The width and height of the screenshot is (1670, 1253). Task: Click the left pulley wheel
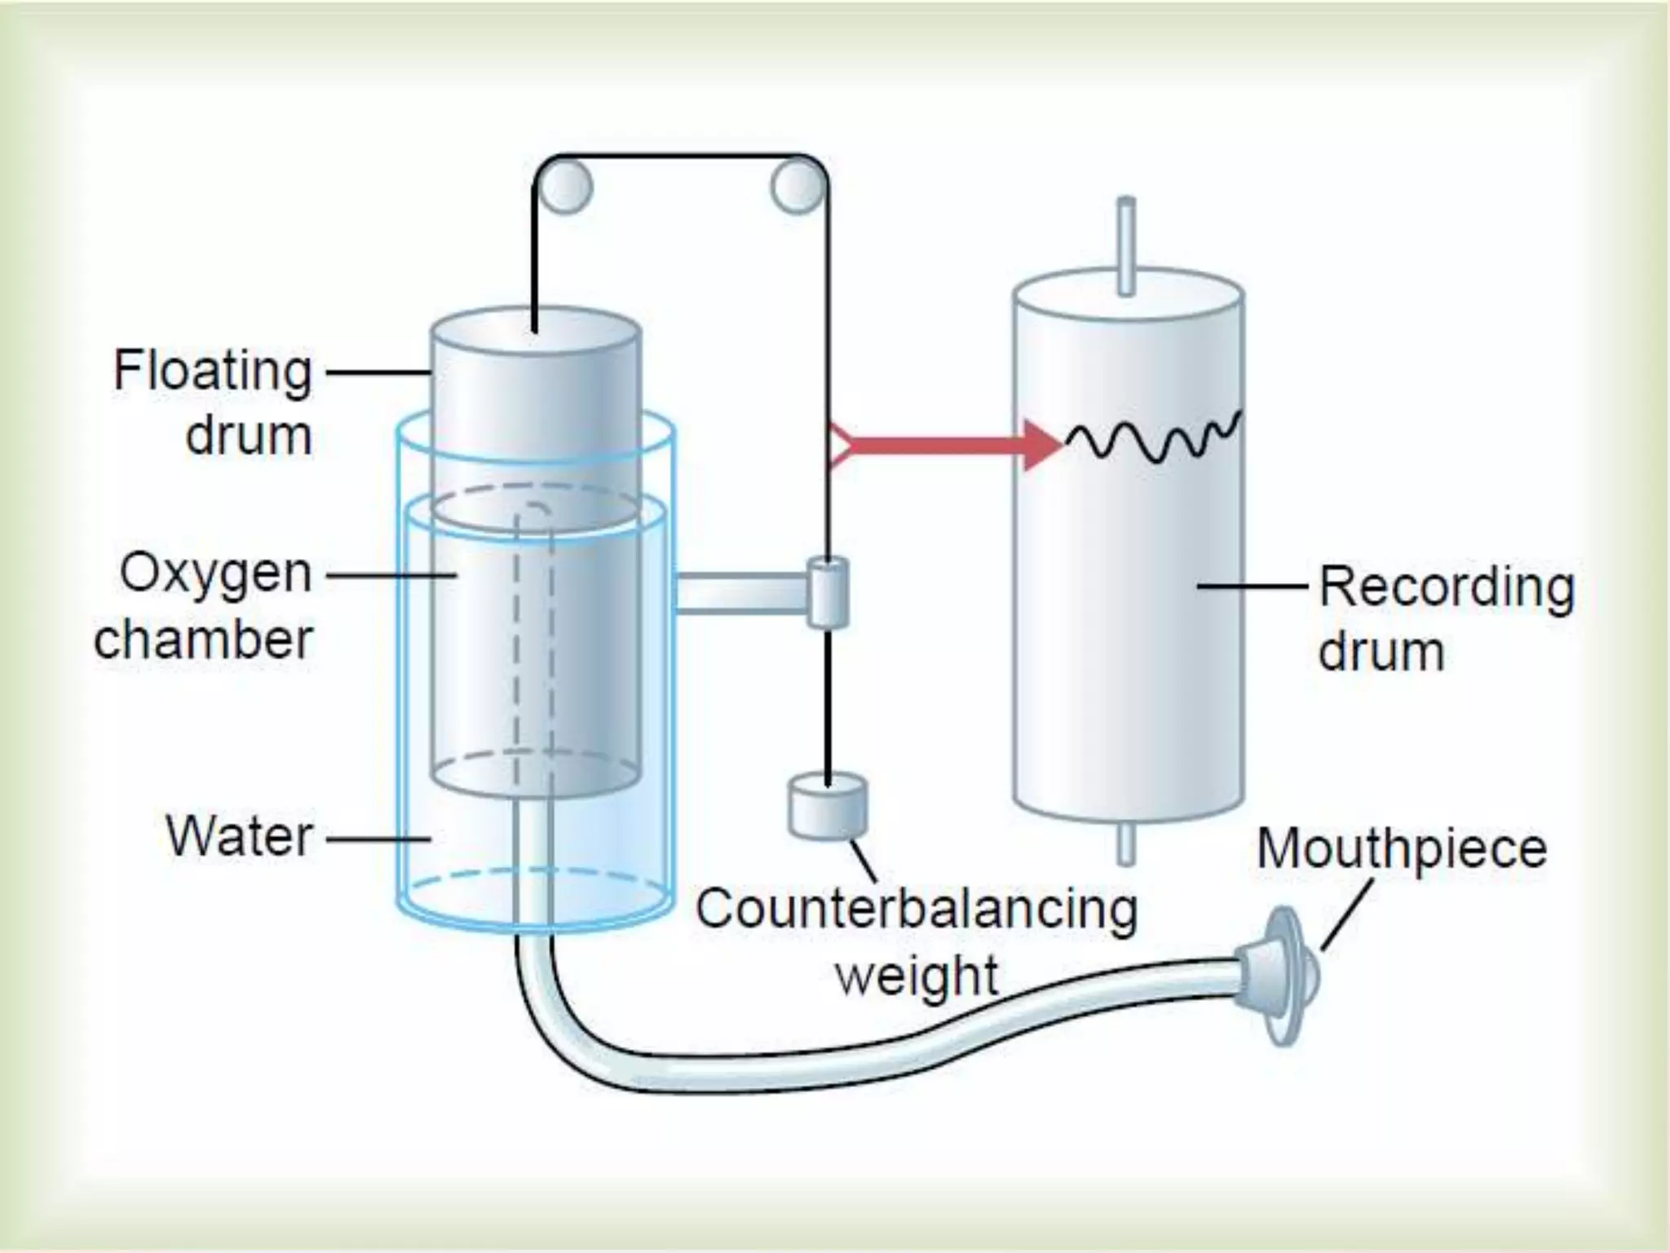click(x=563, y=188)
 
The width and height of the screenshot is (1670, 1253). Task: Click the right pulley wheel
click(x=797, y=188)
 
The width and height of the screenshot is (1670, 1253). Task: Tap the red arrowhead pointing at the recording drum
click(x=1042, y=445)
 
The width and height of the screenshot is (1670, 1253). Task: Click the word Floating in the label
click(x=213, y=371)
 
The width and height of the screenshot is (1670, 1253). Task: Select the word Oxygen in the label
click(x=216, y=573)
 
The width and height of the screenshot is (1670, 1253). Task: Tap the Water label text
click(x=240, y=836)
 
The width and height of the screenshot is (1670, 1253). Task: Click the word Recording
click(x=1447, y=587)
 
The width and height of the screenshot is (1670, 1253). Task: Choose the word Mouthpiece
click(x=1402, y=848)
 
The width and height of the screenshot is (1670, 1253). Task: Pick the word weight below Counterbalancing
click(x=917, y=976)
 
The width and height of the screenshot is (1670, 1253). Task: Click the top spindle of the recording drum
click(x=1126, y=245)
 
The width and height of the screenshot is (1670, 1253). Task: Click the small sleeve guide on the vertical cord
click(x=828, y=592)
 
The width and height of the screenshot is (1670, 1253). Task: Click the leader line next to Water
click(x=378, y=838)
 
